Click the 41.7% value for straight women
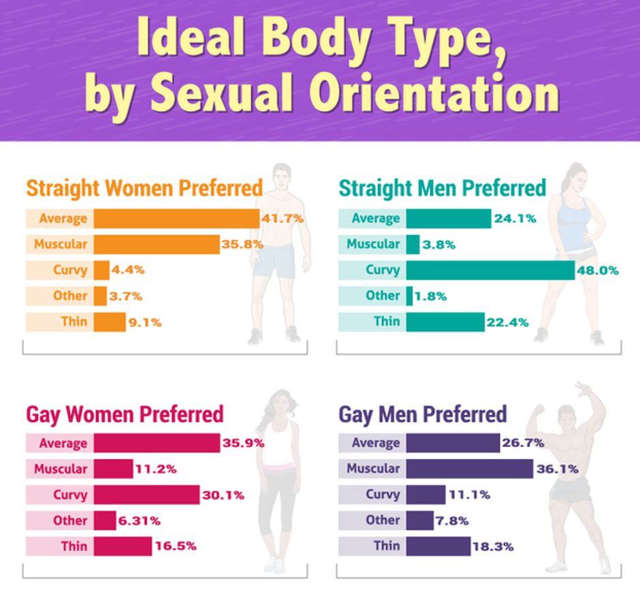(x=283, y=219)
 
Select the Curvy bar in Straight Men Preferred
(x=490, y=270)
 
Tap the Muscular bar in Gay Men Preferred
(x=469, y=469)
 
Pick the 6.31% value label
(x=140, y=521)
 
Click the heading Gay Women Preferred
(x=125, y=414)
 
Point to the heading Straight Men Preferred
(x=442, y=187)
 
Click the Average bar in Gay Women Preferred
(x=157, y=444)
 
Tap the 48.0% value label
(x=598, y=270)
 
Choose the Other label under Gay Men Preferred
(x=383, y=520)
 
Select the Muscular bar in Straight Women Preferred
(x=157, y=245)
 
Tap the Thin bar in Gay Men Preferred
(x=438, y=546)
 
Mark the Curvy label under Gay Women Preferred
(x=70, y=495)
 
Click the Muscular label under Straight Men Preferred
(x=373, y=244)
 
